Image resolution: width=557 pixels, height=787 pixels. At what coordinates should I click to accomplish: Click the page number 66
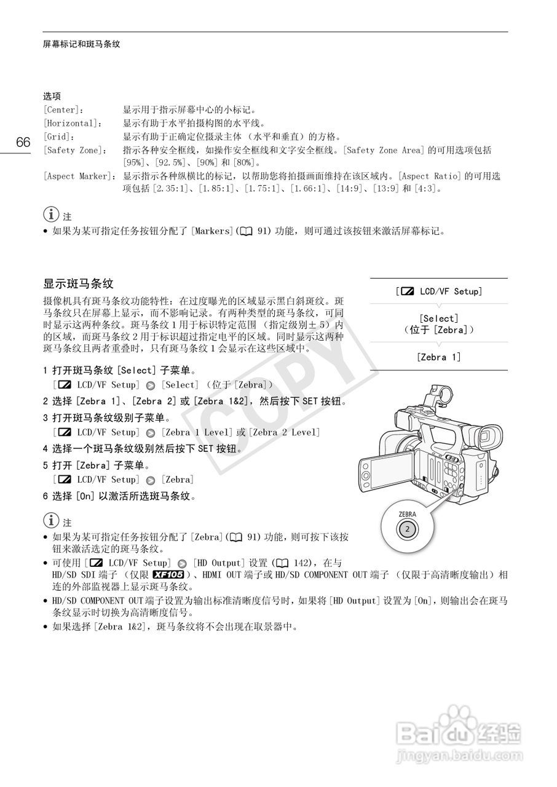tap(23, 143)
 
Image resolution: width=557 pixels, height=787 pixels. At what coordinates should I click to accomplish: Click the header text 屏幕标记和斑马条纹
tap(81, 44)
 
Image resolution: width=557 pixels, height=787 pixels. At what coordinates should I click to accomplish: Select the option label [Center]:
tap(63, 110)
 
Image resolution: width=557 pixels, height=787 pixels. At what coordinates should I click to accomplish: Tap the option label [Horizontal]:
tap(71, 124)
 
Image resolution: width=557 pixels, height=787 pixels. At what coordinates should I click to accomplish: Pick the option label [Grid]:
tap(58, 136)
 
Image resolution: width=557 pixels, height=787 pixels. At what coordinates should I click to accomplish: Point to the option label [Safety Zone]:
tap(75, 150)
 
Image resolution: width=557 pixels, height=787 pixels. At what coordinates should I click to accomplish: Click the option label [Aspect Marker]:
tap(80, 176)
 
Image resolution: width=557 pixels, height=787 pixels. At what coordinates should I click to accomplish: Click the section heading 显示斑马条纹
tap(78, 284)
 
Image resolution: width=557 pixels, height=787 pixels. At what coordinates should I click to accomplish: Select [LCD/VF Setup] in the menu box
tap(439, 291)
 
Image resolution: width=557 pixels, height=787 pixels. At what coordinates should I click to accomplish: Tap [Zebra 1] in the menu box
tap(438, 357)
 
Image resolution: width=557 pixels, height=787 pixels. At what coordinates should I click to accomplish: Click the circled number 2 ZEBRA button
tap(406, 528)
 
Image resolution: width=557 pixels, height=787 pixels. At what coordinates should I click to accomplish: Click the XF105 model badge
tap(168, 575)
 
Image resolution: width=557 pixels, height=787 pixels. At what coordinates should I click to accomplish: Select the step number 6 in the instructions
tap(45, 496)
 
